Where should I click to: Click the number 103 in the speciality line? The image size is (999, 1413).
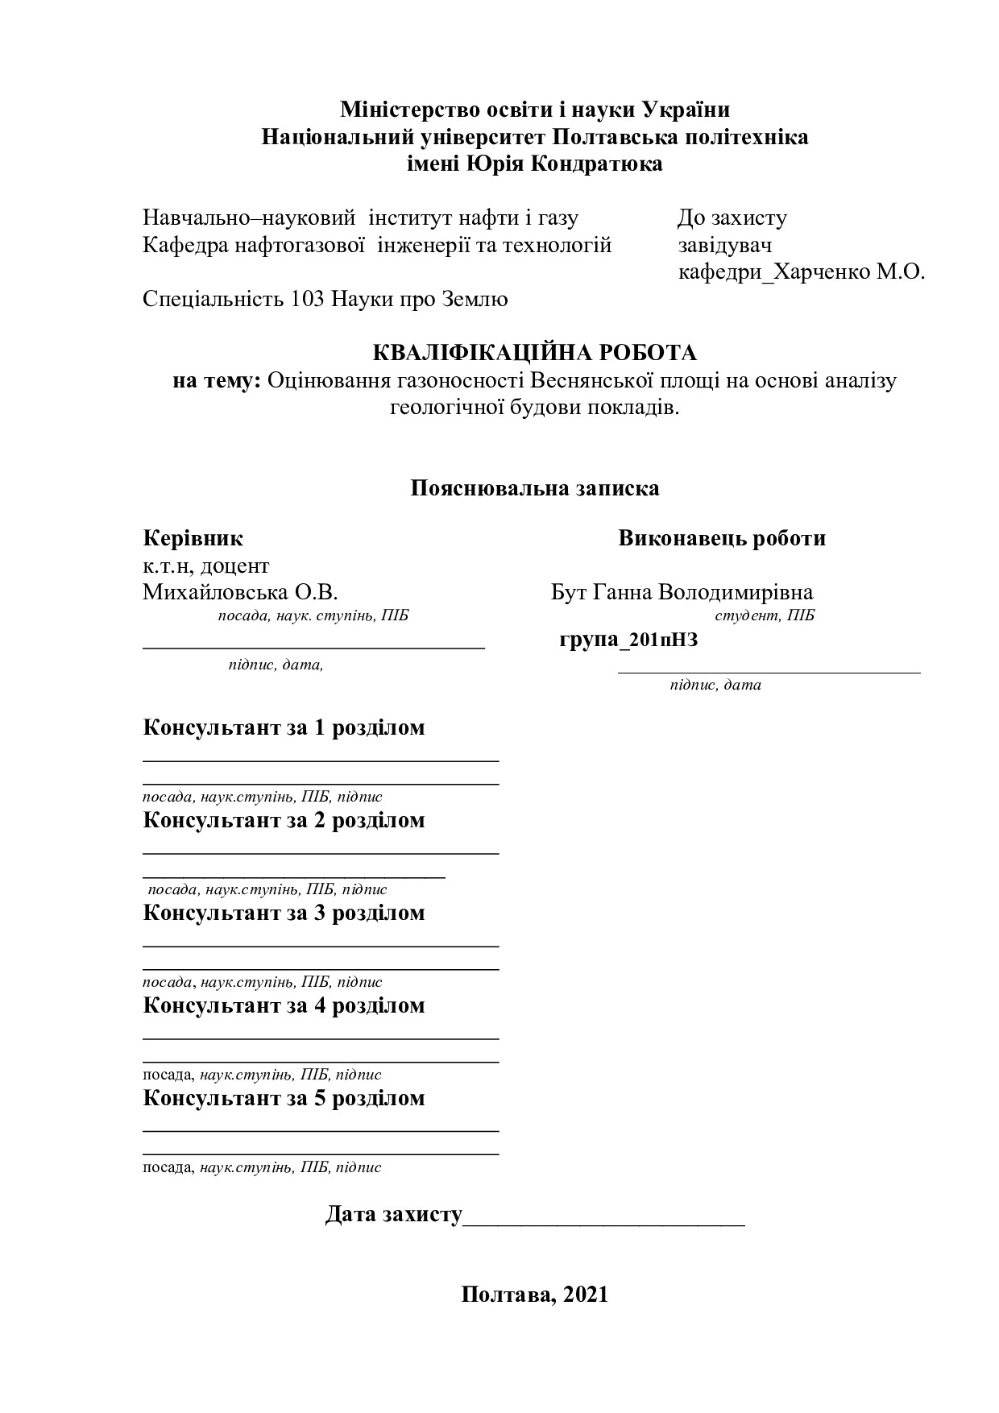click(306, 300)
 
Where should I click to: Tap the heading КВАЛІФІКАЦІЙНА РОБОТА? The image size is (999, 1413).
click(534, 353)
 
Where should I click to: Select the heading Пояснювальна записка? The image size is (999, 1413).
click(534, 488)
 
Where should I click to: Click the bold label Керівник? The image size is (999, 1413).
click(193, 538)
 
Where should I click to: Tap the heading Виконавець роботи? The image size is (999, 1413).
click(722, 538)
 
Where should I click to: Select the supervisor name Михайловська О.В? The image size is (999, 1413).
click(240, 593)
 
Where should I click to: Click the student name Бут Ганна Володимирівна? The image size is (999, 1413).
click(682, 593)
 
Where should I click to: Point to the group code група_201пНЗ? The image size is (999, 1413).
click(628, 640)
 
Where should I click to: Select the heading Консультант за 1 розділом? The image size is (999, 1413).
click(284, 727)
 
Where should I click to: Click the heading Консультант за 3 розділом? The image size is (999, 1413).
click(284, 913)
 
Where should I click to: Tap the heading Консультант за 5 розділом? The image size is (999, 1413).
click(284, 1098)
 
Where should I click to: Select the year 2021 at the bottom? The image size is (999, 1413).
click(585, 1295)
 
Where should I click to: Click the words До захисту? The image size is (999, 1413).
click(732, 218)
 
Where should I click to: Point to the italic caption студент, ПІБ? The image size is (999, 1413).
click(765, 616)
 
